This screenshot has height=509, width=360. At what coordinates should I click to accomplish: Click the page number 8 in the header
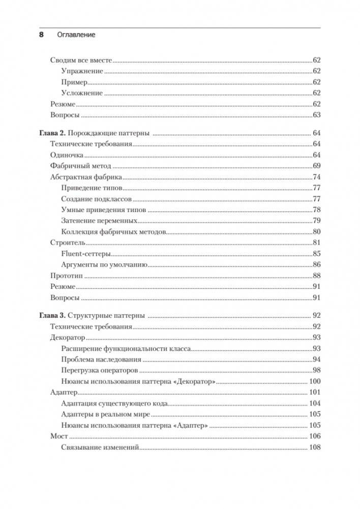pyautogui.click(x=42, y=35)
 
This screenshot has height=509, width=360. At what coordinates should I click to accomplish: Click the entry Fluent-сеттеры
pyautogui.click(x=86, y=254)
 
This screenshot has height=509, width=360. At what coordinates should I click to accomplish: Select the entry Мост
pyautogui.click(x=59, y=436)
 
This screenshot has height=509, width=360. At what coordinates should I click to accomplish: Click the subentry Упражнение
pyautogui.click(x=82, y=71)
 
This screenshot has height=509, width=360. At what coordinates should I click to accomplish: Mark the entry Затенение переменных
pyautogui.click(x=100, y=221)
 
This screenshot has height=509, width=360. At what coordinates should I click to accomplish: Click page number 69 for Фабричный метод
pyautogui.click(x=316, y=166)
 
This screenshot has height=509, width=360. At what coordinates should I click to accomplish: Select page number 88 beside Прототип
pyautogui.click(x=316, y=276)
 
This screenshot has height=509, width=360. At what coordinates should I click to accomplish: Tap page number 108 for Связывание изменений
pyautogui.click(x=314, y=447)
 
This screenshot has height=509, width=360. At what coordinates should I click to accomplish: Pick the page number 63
pyautogui.click(x=316, y=115)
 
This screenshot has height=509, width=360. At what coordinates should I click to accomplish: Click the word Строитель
pyautogui.click(x=68, y=243)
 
